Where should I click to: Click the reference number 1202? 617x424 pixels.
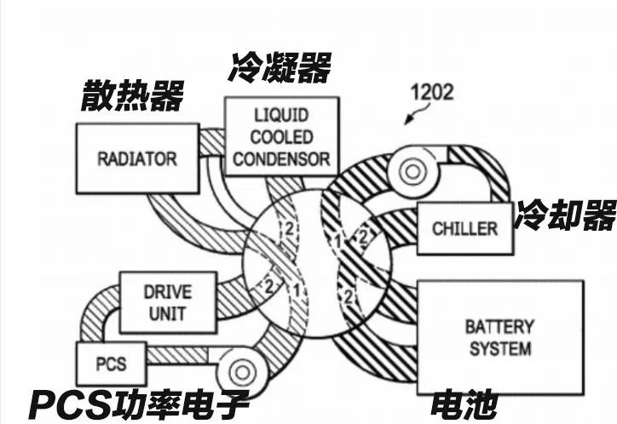tap(432, 92)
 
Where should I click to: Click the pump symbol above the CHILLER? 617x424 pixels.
tap(413, 172)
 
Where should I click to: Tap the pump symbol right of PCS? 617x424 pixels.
tap(242, 372)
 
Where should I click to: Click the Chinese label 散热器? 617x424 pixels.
tap(133, 95)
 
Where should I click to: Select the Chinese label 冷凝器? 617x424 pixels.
tap(280, 67)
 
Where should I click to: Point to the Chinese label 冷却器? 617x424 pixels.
tap(566, 215)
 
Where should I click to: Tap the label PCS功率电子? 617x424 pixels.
tap(139, 404)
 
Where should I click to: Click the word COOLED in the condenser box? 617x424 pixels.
tap(282, 137)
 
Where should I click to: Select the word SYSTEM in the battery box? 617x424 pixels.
tap(500, 349)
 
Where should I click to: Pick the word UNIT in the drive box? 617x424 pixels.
tap(168, 314)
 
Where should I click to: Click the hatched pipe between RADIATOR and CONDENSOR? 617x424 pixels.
tap(212, 142)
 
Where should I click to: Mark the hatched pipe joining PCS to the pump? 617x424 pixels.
tap(182, 355)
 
